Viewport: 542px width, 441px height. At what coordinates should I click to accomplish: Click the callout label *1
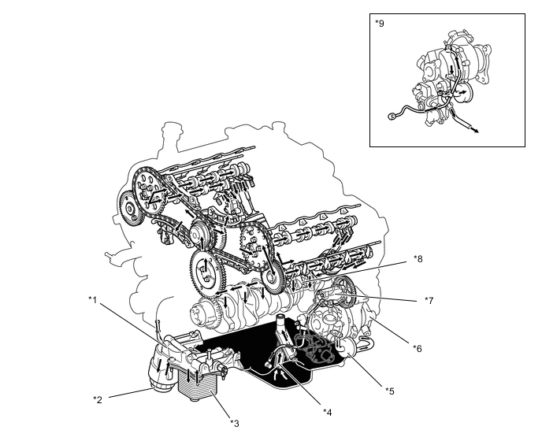point(92,300)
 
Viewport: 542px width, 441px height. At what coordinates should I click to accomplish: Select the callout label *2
point(98,399)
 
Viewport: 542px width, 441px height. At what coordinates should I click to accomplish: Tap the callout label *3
point(234,424)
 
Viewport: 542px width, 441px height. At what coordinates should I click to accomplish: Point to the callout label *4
point(328,412)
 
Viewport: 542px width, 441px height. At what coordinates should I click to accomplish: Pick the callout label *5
point(390,391)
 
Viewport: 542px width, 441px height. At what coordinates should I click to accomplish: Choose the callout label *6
point(418,348)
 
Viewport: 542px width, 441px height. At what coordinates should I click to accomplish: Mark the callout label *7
point(429,301)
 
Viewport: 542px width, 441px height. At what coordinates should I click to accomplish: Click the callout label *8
point(418,259)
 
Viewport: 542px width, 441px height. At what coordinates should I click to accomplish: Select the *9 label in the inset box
point(380,24)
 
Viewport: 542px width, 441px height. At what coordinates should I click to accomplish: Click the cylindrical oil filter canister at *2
point(161,370)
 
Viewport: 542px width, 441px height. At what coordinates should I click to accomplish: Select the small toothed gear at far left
point(130,209)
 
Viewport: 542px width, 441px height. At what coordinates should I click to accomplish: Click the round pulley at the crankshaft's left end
point(200,314)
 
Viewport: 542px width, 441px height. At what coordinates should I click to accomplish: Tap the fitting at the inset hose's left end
point(392,117)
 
